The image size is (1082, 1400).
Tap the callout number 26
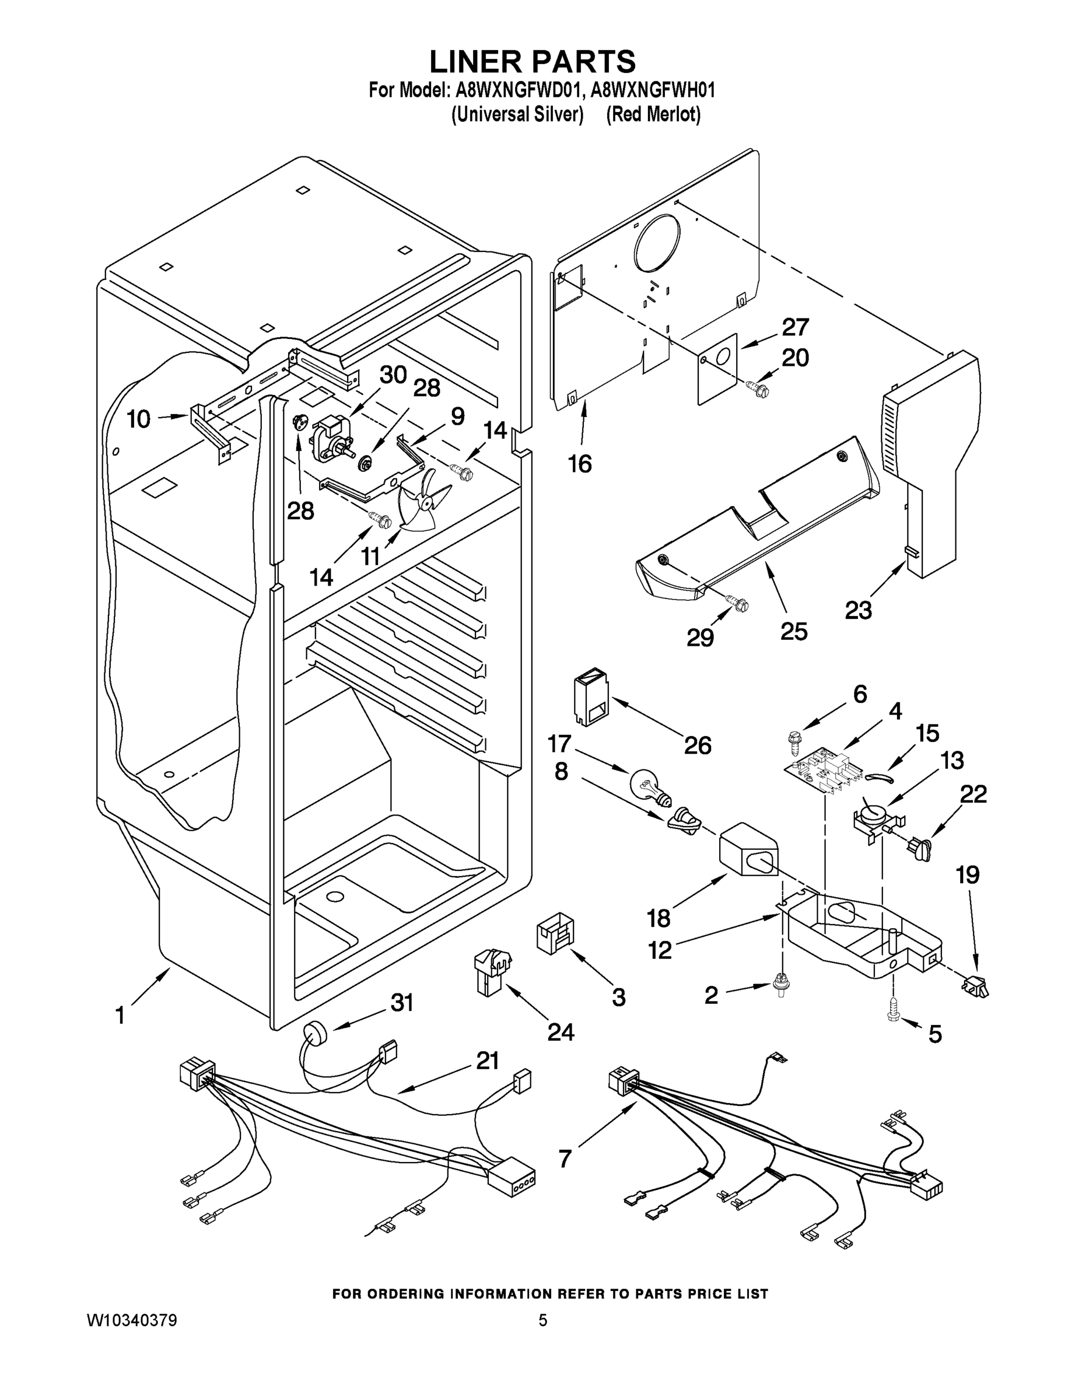[698, 745]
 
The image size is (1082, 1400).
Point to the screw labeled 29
[737, 603]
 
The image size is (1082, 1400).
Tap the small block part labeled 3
[555, 937]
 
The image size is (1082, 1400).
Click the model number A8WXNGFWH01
[652, 90]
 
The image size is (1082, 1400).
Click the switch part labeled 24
[492, 972]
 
